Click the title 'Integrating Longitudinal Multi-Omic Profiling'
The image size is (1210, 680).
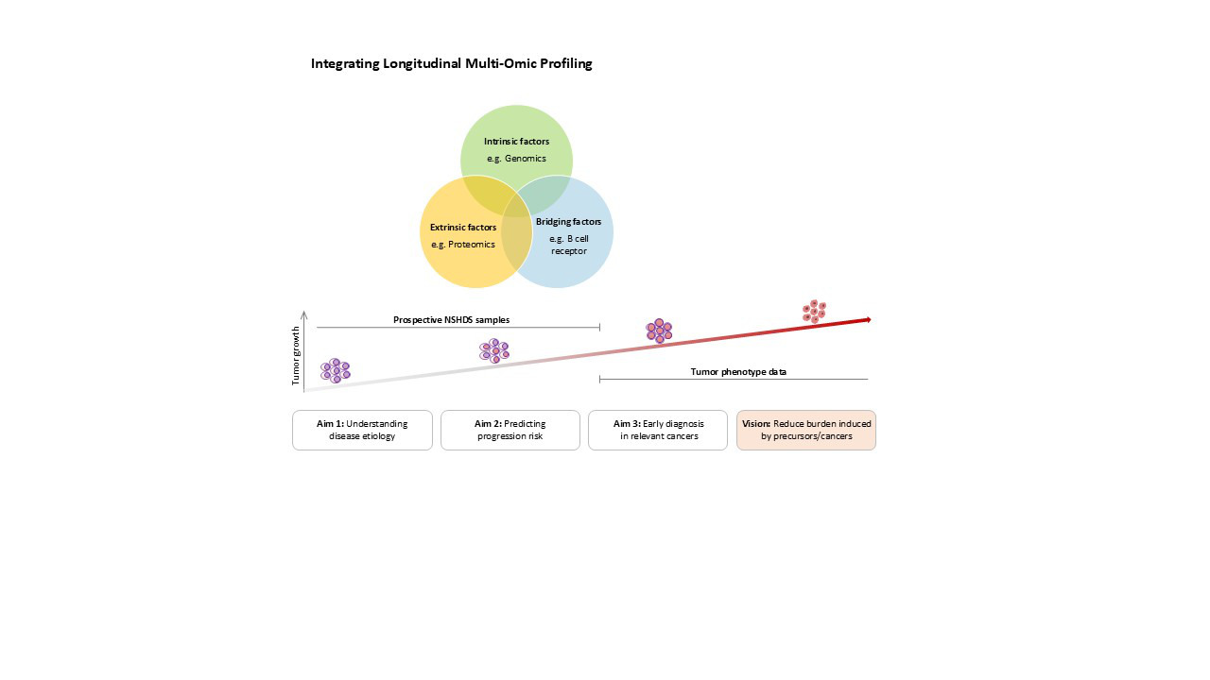[451, 64]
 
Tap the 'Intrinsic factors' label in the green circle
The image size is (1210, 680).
[516, 142]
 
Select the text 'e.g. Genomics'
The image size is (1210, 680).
[516, 159]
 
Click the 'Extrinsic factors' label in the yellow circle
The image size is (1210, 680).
[462, 228]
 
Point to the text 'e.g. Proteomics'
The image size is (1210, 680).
[462, 245]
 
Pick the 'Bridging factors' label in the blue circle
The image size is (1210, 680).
[568, 222]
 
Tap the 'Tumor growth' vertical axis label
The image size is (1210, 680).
[295, 355]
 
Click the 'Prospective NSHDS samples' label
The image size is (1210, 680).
[451, 320]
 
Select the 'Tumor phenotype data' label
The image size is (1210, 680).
[738, 372]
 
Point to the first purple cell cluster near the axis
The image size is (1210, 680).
[335, 370]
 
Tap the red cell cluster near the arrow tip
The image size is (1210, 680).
[814, 311]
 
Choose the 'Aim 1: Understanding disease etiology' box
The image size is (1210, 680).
[362, 430]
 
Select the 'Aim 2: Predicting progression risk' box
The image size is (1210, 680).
[510, 430]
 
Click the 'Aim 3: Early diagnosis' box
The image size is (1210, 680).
[658, 430]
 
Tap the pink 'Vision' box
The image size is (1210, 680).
[806, 430]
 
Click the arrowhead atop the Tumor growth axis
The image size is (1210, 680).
[303, 313]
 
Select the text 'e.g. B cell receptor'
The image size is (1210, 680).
[568, 245]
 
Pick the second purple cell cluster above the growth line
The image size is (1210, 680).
[493, 350]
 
